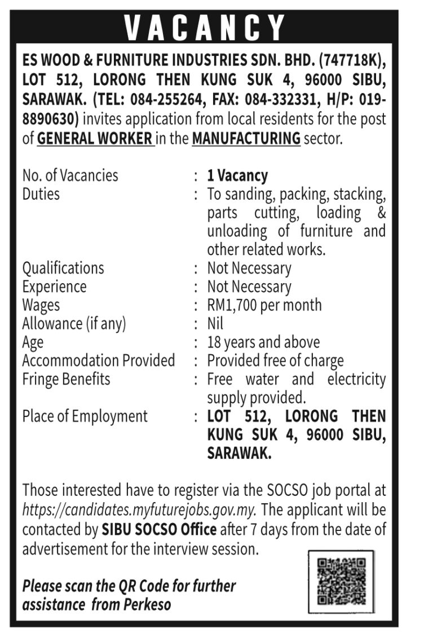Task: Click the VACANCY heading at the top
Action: pyautogui.click(x=205, y=27)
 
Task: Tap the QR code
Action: pyautogui.click(x=341, y=581)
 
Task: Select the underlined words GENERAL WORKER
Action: pyautogui.click(x=95, y=138)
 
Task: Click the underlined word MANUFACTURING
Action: pyautogui.click(x=246, y=138)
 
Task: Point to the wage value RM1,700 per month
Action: pyautogui.click(x=264, y=305)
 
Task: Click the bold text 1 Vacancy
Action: pyautogui.click(x=237, y=175)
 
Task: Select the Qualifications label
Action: pyautogui.click(x=63, y=268)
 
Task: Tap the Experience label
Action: pyautogui.click(x=54, y=287)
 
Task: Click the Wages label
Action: pyautogui.click(x=41, y=305)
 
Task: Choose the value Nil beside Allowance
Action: pyautogui.click(x=215, y=324)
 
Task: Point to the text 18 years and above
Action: pyautogui.click(x=263, y=342)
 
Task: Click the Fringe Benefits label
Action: pyautogui.click(x=66, y=379)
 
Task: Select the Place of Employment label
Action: pyautogui.click(x=85, y=416)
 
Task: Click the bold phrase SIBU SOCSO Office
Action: pyautogui.click(x=159, y=530)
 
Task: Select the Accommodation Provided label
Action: pyautogui.click(x=99, y=361)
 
